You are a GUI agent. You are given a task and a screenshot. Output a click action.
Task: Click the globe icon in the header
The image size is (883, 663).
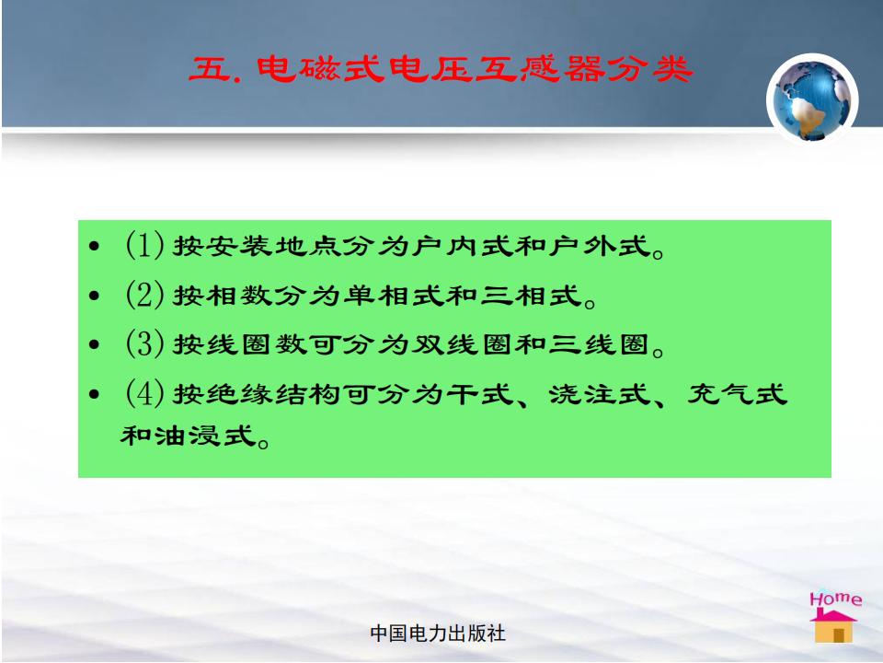[x=811, y=99]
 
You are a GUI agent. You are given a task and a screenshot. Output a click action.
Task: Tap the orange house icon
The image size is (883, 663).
[x=833, y=626]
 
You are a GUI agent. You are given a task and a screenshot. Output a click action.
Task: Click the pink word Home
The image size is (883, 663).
[x=836, y=599]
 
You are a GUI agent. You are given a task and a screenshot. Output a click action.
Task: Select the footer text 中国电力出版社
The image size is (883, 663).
[x=438, y=634]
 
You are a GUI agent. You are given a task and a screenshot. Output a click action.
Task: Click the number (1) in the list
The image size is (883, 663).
[x=144, y=245]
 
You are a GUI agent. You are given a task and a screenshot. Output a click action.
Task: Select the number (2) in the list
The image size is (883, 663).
[x=144, y=295]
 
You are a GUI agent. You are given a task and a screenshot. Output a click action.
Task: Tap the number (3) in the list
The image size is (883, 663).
[x=144, y=343]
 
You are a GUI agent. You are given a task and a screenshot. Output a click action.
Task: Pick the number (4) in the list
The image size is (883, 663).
[x=144, y=393]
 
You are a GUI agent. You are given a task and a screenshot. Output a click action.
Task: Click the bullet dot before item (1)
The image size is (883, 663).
[x=94, y=247]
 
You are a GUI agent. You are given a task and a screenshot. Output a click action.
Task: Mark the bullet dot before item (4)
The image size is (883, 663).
[x=94, y=394]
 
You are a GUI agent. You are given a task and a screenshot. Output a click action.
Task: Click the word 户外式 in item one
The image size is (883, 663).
[x=601, y=246]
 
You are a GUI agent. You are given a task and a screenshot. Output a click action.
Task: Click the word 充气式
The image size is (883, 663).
[x=737, y=393]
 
